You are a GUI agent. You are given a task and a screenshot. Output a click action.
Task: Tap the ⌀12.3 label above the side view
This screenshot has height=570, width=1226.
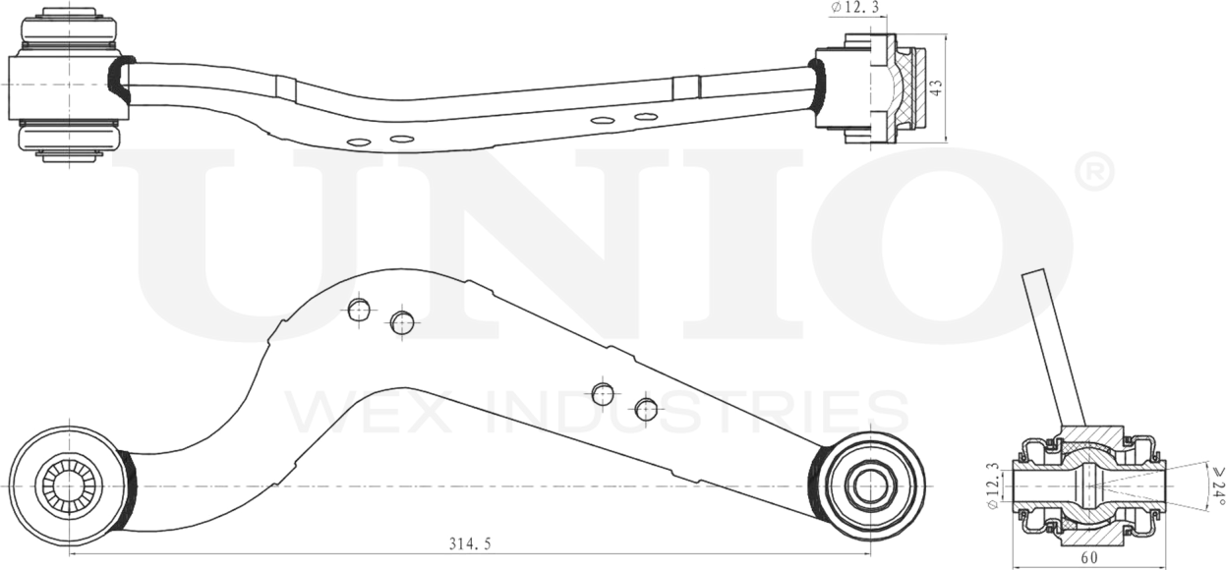tap(853, 8)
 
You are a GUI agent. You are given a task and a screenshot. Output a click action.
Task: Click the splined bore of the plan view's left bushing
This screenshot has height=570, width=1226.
tap(67, 484)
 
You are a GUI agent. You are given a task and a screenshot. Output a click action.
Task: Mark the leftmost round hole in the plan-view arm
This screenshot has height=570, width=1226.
tap(359, 310)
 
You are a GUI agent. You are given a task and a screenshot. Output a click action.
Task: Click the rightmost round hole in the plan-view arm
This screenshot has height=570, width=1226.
tap(646, 410)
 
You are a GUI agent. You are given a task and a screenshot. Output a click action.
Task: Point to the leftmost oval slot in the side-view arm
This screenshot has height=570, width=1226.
tap(359, 142)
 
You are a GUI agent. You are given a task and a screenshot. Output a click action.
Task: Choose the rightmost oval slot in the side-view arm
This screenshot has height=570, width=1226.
tap(645, 117)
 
